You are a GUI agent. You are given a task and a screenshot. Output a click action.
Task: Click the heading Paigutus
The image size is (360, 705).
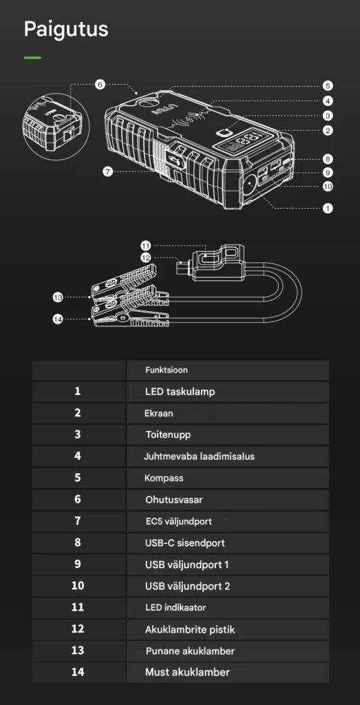coord(65,29)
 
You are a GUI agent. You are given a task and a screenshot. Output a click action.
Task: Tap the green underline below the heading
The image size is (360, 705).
coord(32,58)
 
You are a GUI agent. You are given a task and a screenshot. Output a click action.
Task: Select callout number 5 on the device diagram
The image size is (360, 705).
coord(328,86)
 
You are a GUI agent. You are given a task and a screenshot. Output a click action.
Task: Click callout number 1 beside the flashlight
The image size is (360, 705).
coord(328,208)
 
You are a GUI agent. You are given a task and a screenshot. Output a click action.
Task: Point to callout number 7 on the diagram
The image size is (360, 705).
coord(107,171)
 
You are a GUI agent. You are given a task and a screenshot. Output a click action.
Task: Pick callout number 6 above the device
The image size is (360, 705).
coord(100,85)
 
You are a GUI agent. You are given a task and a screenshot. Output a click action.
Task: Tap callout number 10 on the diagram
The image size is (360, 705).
coord(328,186)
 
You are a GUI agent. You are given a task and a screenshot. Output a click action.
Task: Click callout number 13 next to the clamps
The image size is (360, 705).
coord(58,297)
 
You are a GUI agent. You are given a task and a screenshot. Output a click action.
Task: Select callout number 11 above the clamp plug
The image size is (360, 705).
coord(146,246)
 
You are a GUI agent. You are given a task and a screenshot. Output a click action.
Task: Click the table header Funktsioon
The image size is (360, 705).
coord(167,370)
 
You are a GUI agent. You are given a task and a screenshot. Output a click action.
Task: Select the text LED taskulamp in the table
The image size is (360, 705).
coord(180,392)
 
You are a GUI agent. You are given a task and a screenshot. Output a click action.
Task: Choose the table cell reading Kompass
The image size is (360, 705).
coord(164,478)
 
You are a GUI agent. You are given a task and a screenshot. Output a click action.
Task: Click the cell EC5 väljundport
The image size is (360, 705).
coord(178,522)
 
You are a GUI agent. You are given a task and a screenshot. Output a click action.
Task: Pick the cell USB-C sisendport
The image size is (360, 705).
coord(184,543)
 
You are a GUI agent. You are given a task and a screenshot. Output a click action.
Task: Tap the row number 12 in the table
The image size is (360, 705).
coord(78,629)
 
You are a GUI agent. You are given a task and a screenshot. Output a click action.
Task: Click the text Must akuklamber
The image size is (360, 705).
coord(187,672)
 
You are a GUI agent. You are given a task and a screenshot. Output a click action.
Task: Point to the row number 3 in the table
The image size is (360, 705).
coord(78,434)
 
